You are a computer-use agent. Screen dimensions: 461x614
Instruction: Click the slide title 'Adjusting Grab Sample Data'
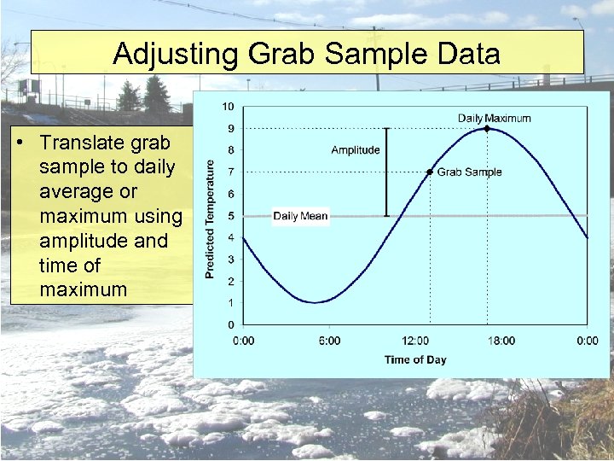[306, 54]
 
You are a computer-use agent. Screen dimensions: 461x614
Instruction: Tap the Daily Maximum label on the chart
[494, 118]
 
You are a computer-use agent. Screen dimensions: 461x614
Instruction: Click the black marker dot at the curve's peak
[486, 128]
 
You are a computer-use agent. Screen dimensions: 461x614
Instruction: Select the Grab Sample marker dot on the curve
[430, 172]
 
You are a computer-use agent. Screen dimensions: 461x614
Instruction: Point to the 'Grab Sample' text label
[469, 172]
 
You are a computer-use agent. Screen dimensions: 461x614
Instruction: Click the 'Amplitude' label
[356, 150]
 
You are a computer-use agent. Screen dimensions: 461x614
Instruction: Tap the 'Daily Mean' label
[300, 216]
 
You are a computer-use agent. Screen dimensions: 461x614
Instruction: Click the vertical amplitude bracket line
[386, 172]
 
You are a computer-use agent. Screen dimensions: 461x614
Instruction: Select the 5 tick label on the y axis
[230, 216]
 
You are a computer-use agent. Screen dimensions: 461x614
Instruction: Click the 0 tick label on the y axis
[230, 324]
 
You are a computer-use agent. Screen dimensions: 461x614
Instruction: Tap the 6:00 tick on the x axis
[329, 341]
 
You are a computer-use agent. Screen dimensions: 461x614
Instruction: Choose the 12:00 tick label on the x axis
[415, 341]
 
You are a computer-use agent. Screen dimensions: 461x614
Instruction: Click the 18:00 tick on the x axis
[501, 341]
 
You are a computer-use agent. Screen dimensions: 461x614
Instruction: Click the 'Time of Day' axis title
[415, 359]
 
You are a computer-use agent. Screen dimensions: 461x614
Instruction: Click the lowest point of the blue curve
[315, 302]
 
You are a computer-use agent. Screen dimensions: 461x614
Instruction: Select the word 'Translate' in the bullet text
[78, 142]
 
